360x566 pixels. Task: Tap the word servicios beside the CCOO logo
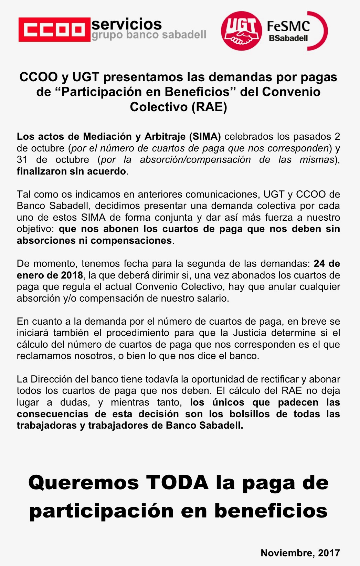(126, 24)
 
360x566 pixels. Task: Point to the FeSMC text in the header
(288, 26)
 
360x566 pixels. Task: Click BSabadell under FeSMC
(288, 38)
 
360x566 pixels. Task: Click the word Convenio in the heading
(291, 92)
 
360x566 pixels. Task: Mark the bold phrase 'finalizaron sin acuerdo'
(71, 171)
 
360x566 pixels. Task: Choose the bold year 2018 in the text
(72, 275)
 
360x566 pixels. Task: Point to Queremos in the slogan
(84, 483)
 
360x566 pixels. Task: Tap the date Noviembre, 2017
(300, 553)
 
